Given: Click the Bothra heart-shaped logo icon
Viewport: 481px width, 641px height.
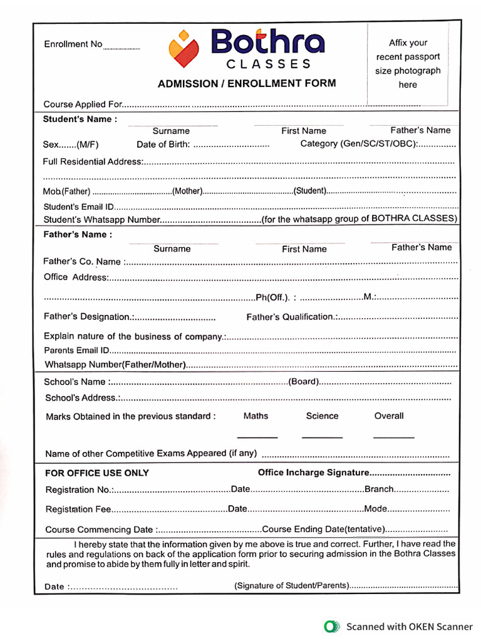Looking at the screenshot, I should (184, 48).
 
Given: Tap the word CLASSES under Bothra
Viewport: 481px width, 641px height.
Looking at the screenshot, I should (268, 64).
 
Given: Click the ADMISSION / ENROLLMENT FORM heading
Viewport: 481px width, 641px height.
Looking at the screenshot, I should (246, 83).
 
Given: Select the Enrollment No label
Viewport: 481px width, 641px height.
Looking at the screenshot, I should (73, 44).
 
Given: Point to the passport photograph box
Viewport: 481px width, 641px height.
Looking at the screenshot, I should (407, 64).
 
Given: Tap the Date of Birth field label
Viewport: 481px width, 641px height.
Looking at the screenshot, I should (163, 145).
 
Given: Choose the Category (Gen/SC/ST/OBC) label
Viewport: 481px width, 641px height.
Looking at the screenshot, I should (359, 144).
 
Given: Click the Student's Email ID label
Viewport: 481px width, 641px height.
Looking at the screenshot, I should (78, 207).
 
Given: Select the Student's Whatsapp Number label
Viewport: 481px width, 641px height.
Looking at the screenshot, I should (102, 220).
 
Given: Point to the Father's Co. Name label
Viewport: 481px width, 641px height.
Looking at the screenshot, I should (82, 262).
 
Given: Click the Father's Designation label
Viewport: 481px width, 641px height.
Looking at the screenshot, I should (87, 317).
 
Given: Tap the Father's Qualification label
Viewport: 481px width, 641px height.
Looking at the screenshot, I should (291, 317).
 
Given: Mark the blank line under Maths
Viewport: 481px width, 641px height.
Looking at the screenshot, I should (257, 437).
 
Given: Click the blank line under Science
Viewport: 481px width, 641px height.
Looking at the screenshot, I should (322, 437).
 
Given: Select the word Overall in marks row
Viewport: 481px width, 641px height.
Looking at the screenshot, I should (389, 416).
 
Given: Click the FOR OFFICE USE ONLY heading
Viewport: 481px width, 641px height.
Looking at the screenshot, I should (97, 473).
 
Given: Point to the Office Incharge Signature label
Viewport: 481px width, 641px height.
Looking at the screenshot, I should (313, 473).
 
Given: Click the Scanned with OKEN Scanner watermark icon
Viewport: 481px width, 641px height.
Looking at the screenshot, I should (331, 626).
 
